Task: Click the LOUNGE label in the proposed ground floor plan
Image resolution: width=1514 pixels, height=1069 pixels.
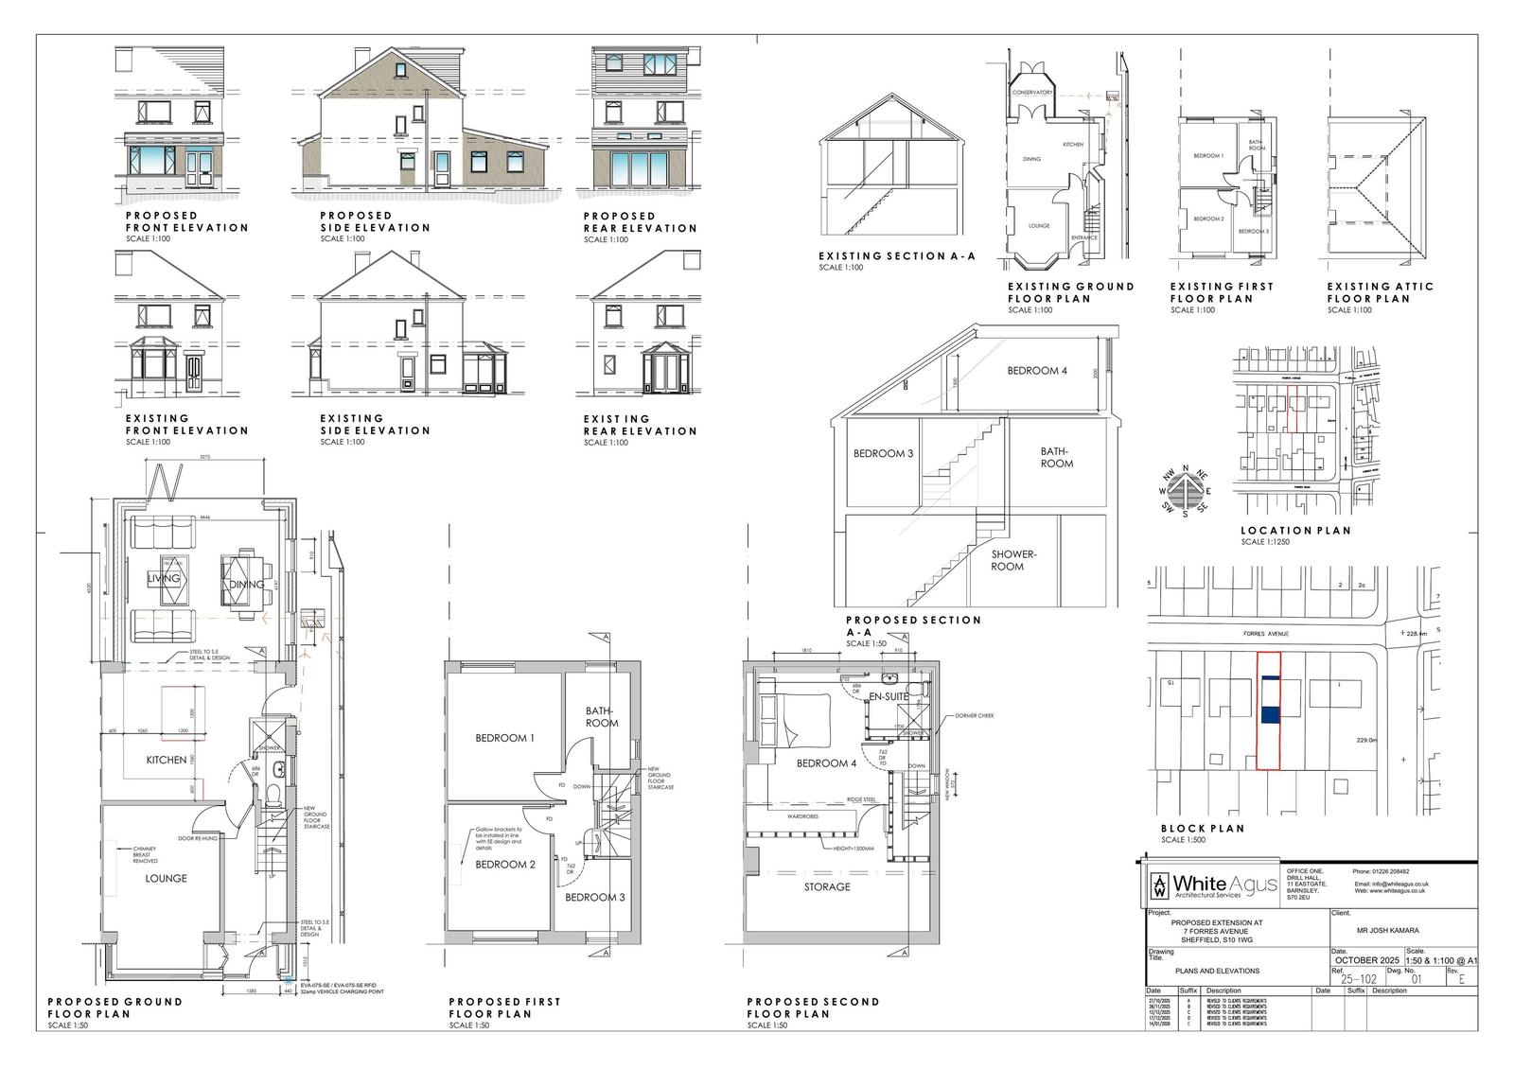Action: pos(166,878)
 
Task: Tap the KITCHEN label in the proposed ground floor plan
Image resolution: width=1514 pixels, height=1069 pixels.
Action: pos(166,760)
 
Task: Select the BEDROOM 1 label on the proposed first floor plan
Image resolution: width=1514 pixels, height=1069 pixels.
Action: pos(504,738)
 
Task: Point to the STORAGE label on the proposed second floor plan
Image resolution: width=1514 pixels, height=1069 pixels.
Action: pos(827,887)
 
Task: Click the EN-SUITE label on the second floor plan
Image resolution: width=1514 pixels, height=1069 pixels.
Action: pos(889,697)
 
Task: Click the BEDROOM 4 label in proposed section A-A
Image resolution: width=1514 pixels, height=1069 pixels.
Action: pos(1036,371)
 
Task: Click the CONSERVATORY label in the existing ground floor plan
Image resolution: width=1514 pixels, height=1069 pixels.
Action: pos(1031,93)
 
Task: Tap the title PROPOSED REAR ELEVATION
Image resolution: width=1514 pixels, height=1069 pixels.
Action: pos(640,222)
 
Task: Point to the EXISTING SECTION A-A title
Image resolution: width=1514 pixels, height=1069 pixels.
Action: pos(895,255)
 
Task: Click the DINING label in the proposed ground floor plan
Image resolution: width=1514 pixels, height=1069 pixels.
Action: pos(247,585)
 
